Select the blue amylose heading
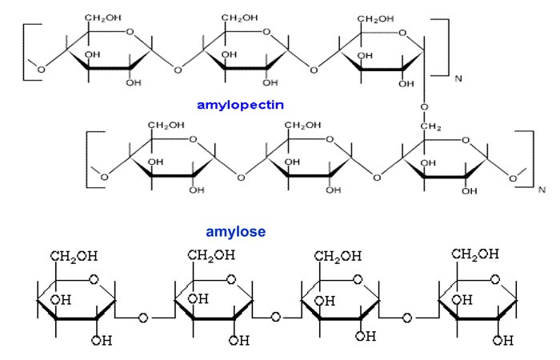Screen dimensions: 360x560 [236, 232]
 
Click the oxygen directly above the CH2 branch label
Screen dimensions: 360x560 [425, 106]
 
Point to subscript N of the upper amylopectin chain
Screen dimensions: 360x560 [458, 78]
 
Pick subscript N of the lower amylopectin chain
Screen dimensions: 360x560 [542, 190]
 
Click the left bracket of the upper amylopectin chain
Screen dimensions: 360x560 [27, 50]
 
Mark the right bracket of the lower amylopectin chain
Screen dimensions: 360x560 [530, 158]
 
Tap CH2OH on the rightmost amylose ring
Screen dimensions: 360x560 [474, 254]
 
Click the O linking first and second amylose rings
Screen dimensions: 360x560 [144, 318]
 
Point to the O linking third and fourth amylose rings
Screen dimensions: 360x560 [407, 318]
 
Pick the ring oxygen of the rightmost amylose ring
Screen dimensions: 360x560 [496, 279]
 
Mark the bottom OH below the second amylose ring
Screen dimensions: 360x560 [238, 341]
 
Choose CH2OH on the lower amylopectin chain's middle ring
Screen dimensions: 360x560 [303, 126]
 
